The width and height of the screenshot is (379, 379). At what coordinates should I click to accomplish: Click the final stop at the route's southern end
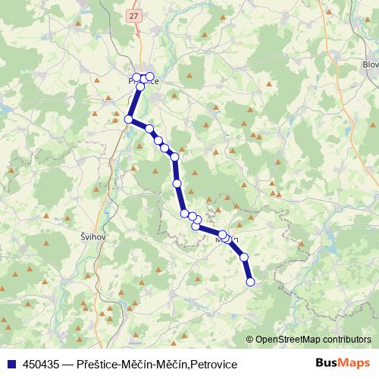[251, 283]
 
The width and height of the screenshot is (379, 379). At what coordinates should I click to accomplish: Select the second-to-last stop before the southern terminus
[244, 258]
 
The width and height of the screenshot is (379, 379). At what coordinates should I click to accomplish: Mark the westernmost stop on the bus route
[129, 119]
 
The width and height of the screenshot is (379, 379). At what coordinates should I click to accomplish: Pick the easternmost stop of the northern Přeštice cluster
[150, 77]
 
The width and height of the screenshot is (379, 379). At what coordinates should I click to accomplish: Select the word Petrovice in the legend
[214, 365]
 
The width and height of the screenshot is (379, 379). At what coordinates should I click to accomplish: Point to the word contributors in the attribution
[349, 340]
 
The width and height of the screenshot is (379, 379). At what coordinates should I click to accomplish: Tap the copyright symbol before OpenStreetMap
[251, 340]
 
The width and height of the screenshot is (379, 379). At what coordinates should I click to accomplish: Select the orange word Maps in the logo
[355, 363]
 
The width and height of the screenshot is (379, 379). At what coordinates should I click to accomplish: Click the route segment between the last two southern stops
[247, 270]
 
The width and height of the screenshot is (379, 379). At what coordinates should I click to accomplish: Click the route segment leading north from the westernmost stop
[134, 103]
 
